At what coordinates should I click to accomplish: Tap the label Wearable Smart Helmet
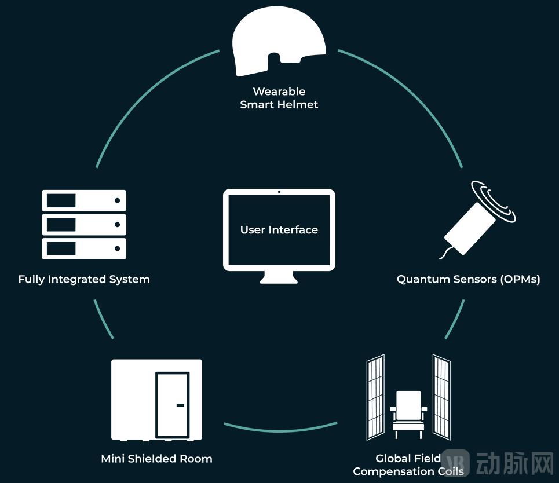coord(279,98)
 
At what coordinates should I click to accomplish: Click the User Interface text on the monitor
coord(279,230)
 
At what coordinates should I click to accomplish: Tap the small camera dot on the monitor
coord(279,192)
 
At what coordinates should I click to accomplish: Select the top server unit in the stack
coord(84,200)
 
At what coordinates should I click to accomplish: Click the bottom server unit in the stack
coord(84,248)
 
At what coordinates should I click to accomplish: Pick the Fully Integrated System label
coord(84,279)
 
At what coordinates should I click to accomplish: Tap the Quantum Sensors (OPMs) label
coord(468,279)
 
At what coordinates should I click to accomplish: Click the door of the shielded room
coord(173,404)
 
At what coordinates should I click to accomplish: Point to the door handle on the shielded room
coord(180,405)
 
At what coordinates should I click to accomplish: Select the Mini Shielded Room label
coord(156,459)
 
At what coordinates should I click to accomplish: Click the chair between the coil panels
coord(408,415)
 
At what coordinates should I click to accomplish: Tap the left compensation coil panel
coord(375,397)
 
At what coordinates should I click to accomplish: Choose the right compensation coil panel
coord(441,397)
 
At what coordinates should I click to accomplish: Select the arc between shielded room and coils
coord(281,429)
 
